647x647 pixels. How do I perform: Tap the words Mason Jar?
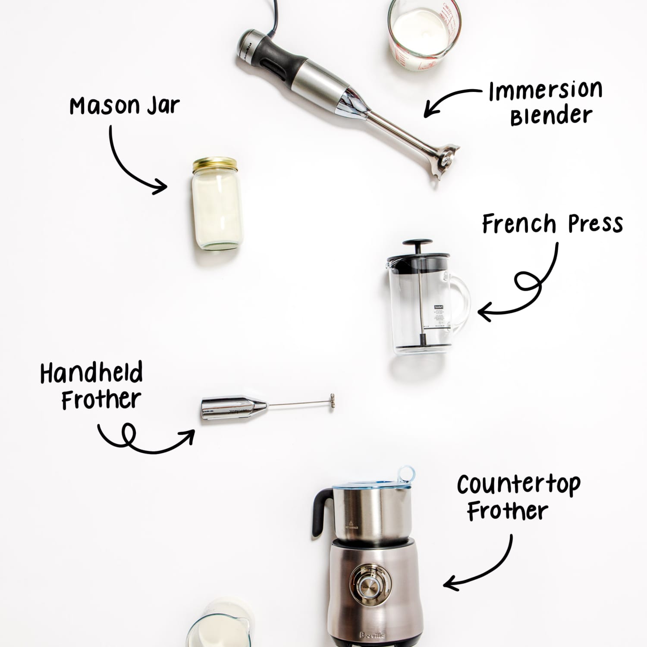click(124, 106)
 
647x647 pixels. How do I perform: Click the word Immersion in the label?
click(545, 91)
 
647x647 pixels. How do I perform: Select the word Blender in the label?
click(551, 116)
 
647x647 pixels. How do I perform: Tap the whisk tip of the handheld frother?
click(332, 401)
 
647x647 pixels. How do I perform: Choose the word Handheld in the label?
click(91, 373)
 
